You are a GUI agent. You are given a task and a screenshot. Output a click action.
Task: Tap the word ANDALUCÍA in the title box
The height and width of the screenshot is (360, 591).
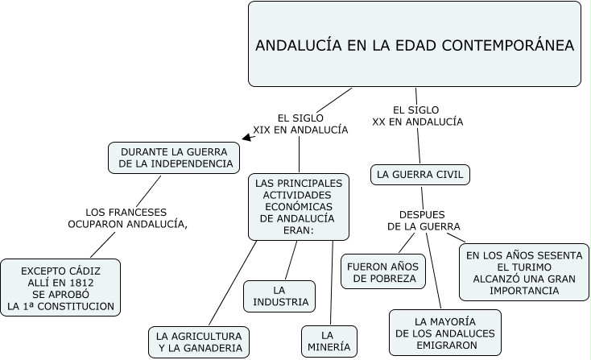click(x=295, y=46)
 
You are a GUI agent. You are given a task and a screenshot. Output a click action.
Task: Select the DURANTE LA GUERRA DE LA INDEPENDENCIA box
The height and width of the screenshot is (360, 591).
click(x=175, y=158)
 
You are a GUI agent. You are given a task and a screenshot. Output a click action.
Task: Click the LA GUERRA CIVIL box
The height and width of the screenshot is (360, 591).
click(x=419, y=174)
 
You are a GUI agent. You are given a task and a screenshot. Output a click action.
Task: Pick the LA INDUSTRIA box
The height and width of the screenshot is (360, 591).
click(x=279, y=296)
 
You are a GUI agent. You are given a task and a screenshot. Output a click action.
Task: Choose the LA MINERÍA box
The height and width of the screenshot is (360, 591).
click(x=327, y=341)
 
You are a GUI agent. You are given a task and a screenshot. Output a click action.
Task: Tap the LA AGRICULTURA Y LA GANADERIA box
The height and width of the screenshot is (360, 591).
click(x=199, y=341)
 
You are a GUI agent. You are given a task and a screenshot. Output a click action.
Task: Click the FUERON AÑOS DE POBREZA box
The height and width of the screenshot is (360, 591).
click(x=383, y=272)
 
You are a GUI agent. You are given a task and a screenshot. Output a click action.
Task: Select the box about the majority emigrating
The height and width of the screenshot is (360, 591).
click(x=445, y=333)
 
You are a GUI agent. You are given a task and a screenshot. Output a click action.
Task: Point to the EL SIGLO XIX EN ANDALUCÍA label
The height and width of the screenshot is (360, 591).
click(x=300, y=123)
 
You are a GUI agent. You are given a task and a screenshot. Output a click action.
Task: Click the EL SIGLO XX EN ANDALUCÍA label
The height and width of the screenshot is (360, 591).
click(x=417, y=115)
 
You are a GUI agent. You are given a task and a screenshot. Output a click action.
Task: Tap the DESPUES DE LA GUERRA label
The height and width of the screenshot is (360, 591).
click(x=424, y=221)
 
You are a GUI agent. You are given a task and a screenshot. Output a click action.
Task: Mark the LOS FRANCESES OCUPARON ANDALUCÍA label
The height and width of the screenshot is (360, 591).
click(x=127, y=218)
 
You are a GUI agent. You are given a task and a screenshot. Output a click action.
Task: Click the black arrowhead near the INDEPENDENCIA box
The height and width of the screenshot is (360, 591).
click(x=246, y=138)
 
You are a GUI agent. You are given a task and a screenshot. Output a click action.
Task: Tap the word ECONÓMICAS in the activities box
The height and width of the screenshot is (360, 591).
click(x=299, y=206)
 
